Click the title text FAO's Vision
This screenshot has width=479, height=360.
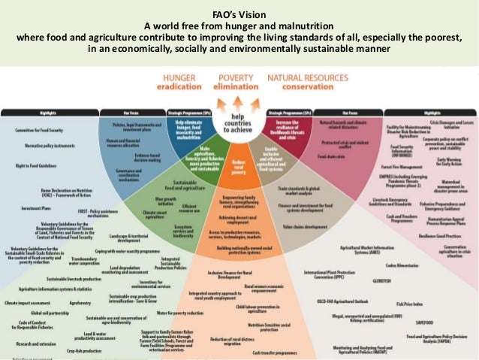point(239,9)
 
